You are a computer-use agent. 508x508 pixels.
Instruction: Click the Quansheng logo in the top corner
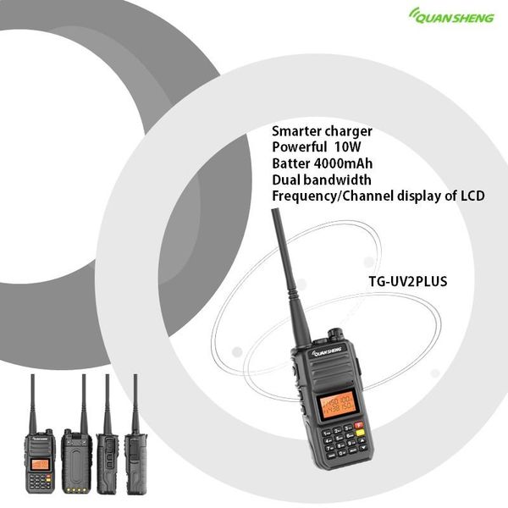451,14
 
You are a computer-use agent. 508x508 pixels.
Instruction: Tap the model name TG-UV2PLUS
407,281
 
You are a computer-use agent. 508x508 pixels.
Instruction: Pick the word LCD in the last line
472,196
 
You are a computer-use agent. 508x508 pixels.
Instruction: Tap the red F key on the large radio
358,426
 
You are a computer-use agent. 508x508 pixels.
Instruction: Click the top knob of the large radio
335,333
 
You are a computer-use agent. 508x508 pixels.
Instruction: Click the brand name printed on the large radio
327,351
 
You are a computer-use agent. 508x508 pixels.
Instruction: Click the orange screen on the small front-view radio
38,464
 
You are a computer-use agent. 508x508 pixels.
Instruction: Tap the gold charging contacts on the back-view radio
76,489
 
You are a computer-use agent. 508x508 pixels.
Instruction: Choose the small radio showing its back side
77,461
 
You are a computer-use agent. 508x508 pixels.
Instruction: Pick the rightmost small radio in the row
135,461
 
